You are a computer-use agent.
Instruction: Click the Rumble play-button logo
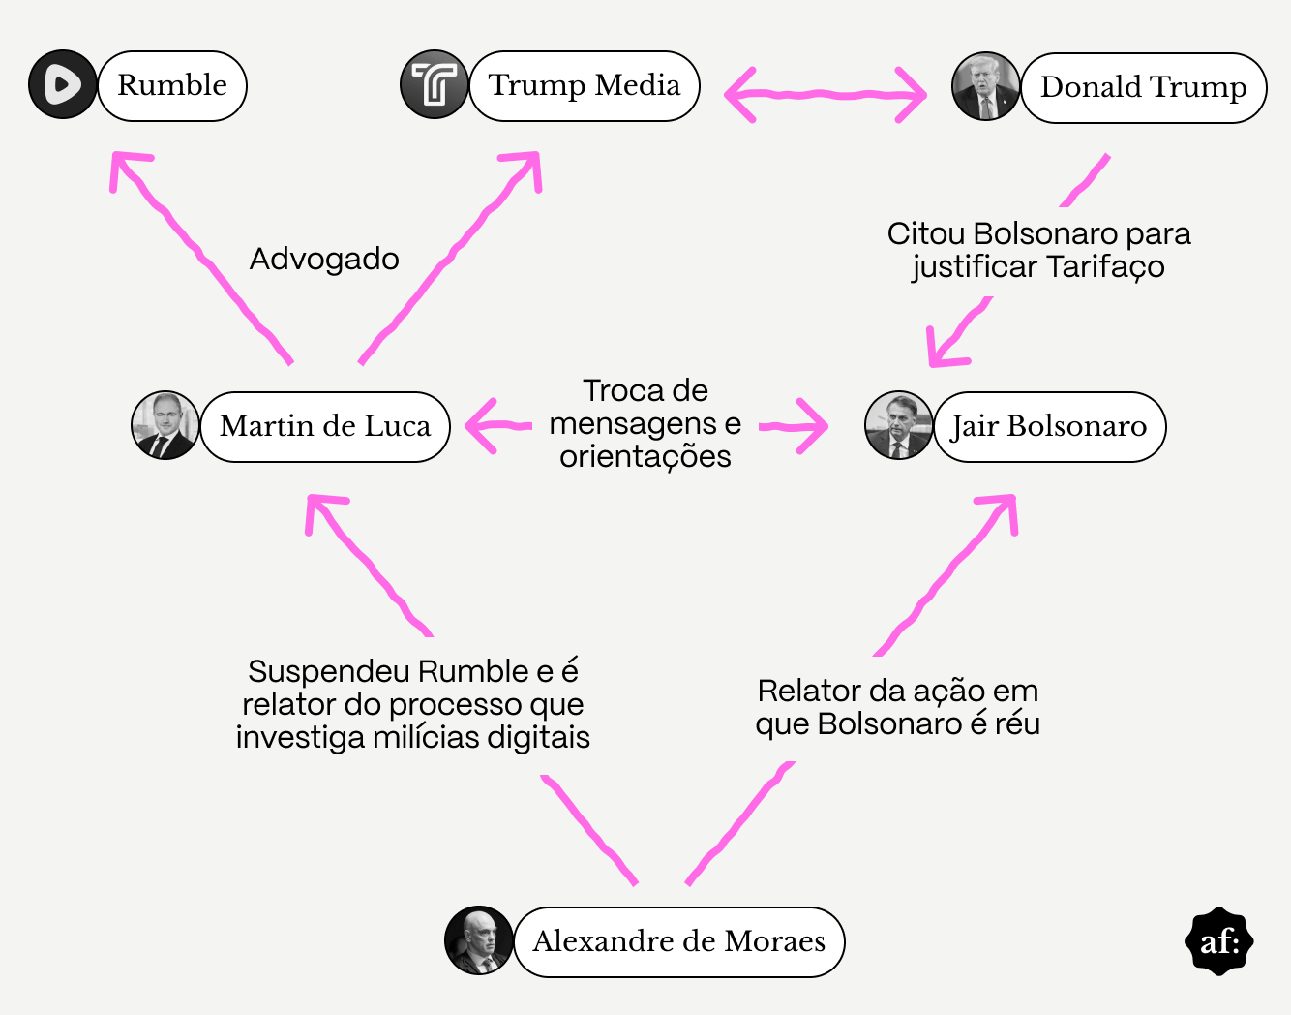62,84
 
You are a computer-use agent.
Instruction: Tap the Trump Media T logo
435,84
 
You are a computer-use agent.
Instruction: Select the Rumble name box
172,86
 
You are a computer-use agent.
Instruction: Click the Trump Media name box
585,86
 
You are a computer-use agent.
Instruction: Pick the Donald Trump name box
1144,88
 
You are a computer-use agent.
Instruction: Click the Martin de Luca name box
325,427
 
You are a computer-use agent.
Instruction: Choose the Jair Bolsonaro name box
1050,427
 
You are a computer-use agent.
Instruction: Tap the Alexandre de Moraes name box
679,941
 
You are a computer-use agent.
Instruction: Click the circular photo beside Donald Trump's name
985,86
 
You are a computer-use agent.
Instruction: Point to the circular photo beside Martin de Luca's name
165,425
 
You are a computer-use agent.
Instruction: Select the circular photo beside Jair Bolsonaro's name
899,425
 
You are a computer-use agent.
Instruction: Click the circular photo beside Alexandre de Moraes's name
479,940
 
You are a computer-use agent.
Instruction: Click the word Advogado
324,260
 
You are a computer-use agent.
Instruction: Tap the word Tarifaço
1105,267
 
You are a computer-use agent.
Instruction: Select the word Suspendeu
329,672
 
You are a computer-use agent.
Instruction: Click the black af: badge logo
1219,941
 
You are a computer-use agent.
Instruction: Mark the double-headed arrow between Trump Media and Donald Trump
826,95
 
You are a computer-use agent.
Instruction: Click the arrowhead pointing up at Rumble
128,169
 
